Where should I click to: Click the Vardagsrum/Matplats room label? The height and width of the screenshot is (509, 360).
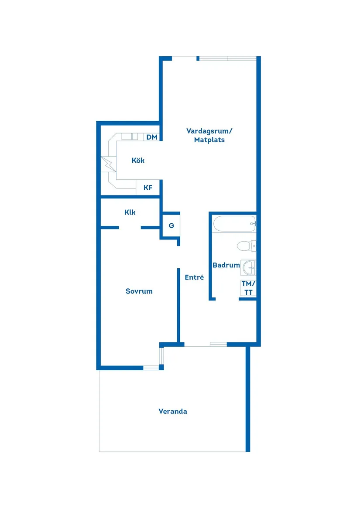[209, 135]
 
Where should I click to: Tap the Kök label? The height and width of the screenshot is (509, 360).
[138, 161]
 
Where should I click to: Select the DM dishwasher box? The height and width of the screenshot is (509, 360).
[151, 137]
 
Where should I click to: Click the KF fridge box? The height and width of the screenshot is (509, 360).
[148, 188]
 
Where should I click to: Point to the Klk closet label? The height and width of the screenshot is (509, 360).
[130, 212]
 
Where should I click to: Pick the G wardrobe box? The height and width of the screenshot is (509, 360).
[171, 225]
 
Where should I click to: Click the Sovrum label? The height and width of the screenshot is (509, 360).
[139, 291]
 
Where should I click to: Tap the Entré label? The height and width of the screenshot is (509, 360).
[194, 277]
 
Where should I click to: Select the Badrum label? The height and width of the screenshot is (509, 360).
[226, 265]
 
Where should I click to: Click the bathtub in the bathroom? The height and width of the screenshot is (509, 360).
[234, 224]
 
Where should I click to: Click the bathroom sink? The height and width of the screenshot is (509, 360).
[249, 267]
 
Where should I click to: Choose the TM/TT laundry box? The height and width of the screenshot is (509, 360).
[248, 288]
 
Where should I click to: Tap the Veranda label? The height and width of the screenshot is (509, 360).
[173, 411]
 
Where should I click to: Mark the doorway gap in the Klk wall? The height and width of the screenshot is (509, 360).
[130, 227]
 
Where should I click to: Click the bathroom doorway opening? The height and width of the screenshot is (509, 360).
[227, 299]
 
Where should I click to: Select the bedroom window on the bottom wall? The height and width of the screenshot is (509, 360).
[151, 368]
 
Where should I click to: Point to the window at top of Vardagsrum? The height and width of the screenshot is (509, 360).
[227, 58]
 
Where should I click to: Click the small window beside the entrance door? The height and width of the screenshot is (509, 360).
[218, 345]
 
